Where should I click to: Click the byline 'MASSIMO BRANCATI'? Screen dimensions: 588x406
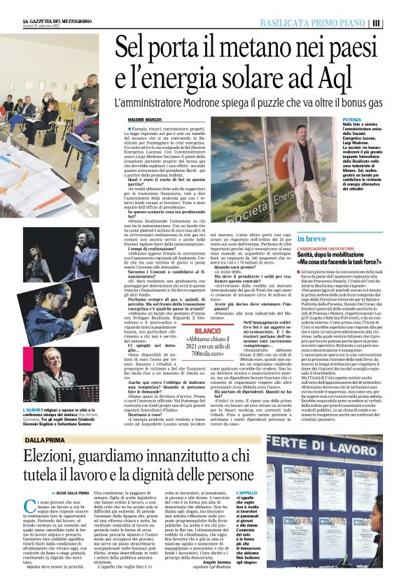(x=146, y=121)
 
